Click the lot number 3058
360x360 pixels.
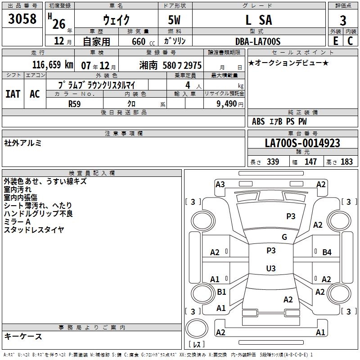tap(22, 19)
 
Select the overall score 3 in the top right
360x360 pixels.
tap(343, 20)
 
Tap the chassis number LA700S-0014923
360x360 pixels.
tap(302, 144)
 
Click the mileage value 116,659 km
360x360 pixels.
tap(53, 65)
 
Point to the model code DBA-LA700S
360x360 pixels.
tap(258, 41)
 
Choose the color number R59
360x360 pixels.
tap(75, 103)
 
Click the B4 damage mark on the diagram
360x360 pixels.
tap(327, 252)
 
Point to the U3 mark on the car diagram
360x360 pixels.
tap(270, 269)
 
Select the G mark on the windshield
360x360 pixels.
tap(284, 237)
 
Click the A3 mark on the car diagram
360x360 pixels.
tap(220, 184)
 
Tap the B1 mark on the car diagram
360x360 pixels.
tap(221, 292)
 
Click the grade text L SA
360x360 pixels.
tap(258, 20)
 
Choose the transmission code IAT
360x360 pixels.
tap(13, 94)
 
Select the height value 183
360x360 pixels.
tap(347, 162)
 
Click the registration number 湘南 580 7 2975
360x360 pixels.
tap(170, 65)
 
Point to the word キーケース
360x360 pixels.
tap(23, 336)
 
